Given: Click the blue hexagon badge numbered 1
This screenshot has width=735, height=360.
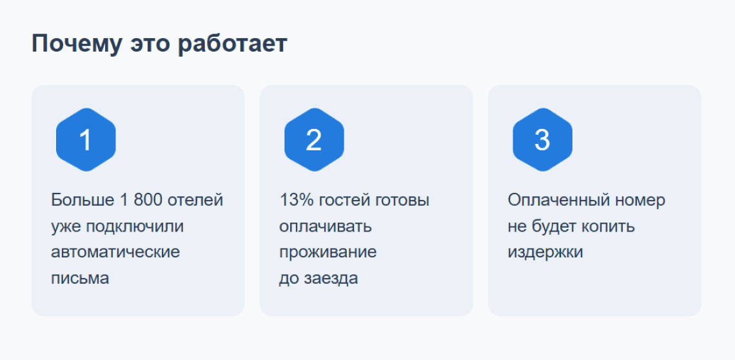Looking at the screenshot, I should pos(86,140).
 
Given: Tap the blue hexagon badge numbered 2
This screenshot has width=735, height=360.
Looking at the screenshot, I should pos(314,140).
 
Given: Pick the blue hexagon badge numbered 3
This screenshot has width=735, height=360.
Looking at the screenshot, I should pos(542,140).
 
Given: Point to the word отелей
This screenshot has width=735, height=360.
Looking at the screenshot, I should pos(195,200).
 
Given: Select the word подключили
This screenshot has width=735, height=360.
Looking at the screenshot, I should pos(130,226).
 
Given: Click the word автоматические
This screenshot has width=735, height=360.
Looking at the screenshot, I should pos(115,252).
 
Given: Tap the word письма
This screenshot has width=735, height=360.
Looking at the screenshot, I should pos(80,278).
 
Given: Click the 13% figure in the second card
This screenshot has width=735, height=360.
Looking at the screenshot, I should pos(296,200).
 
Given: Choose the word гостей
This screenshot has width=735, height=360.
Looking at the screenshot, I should pos(346,200).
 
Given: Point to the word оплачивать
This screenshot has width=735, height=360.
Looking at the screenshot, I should pos(326,226).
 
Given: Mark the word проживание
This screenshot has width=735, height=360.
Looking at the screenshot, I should pos(328,252).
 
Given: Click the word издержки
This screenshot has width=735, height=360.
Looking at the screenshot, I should pos(545,252).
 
